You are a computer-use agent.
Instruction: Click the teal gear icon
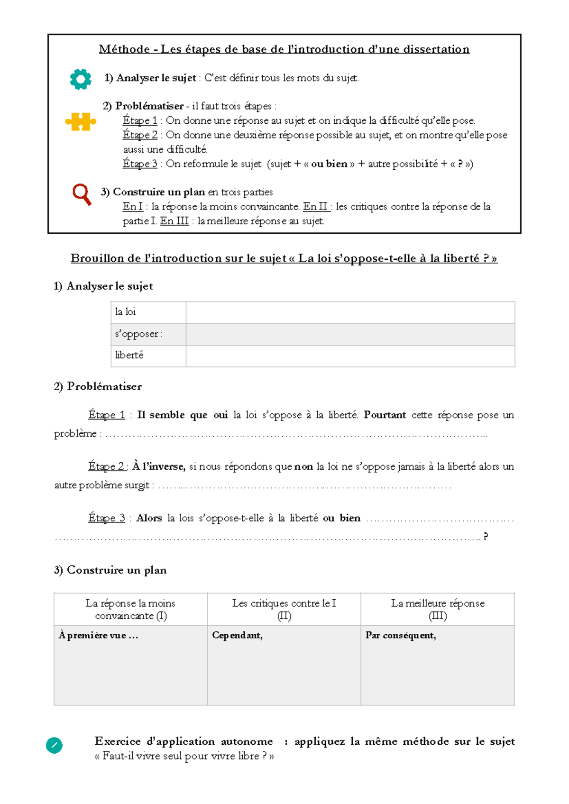pos(81,79)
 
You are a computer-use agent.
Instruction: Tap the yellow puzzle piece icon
pos(81,122)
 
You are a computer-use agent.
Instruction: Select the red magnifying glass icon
pos(82,194)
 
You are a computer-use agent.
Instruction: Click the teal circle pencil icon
pos(54,745)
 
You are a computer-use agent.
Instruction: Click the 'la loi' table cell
pos(126,312)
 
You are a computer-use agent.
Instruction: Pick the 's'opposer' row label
pos(138,334)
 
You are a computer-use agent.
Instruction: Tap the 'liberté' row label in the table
pos(129,355)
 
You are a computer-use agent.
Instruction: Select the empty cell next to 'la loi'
pos(350,312)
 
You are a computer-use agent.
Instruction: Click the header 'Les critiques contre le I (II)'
pos(284,609)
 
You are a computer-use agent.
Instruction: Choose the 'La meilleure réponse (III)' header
pos(438,609)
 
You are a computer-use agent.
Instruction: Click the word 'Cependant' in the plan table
pos(237,635)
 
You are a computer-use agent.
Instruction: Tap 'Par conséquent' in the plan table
pos(401,635)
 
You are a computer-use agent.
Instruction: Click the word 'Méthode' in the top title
pos(124,49)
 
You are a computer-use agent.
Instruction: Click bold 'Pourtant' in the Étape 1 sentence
pos(385,415)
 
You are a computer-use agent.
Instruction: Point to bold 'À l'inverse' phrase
pos(159,466)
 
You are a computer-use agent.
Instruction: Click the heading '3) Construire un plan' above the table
pos(110,570)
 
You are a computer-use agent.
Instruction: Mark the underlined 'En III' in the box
pos(174,221)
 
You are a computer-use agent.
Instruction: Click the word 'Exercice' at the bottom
pos(118,741)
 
